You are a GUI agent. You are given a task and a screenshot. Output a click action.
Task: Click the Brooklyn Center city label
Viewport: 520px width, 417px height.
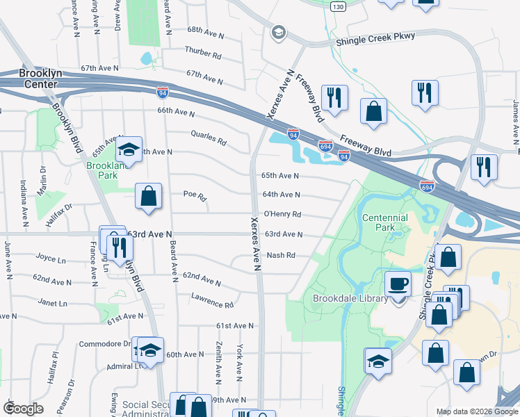[x=38, y=79]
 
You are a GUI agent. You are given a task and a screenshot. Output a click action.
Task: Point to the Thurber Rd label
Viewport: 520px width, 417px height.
[x=203, y=52]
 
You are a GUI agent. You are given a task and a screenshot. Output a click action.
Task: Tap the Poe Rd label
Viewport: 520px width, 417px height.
[x=195, y=197]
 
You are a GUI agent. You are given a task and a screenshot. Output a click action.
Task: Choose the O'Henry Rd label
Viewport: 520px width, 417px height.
[x=283, y=214]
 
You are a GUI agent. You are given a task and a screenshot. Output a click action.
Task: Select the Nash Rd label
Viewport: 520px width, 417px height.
[x=282, y=255]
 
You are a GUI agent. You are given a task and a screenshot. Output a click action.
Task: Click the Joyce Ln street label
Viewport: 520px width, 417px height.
[x=50, y=257]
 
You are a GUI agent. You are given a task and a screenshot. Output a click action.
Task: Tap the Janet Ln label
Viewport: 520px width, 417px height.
[x=53, y=303]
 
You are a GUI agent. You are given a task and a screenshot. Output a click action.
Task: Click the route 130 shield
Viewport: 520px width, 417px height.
[x=338, y=6]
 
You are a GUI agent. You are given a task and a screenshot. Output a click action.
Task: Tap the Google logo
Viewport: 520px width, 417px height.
[x=23, y=409]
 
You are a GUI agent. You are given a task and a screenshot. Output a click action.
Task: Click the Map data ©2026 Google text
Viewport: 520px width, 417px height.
[x=476, y=411]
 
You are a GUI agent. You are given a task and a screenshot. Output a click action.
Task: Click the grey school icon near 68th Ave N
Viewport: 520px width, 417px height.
[x=279, y=32]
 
